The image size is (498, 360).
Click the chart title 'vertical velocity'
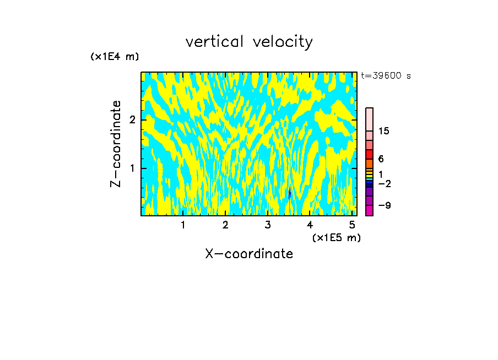click(249, 42)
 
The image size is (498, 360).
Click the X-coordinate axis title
click(249, 254)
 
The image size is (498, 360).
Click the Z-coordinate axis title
click(116, 144)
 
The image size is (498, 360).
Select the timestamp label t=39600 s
click(386, 76)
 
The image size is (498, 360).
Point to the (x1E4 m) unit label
click(115, 57)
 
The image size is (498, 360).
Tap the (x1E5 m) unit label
click(336, 237)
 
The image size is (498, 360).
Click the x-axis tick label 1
click(183, 225)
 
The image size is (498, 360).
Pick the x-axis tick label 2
click(225, 225)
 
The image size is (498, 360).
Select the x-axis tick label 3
click(268, 225)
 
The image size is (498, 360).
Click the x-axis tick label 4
click(310, 225)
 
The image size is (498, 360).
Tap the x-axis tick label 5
click(352, 225)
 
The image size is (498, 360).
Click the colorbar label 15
click(384, 131)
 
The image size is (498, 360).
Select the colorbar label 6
click(381, 159)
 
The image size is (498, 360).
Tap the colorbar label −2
click(384, 183)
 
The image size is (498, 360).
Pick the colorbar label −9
click(384, 205)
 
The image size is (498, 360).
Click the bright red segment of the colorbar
click(369, 154)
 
